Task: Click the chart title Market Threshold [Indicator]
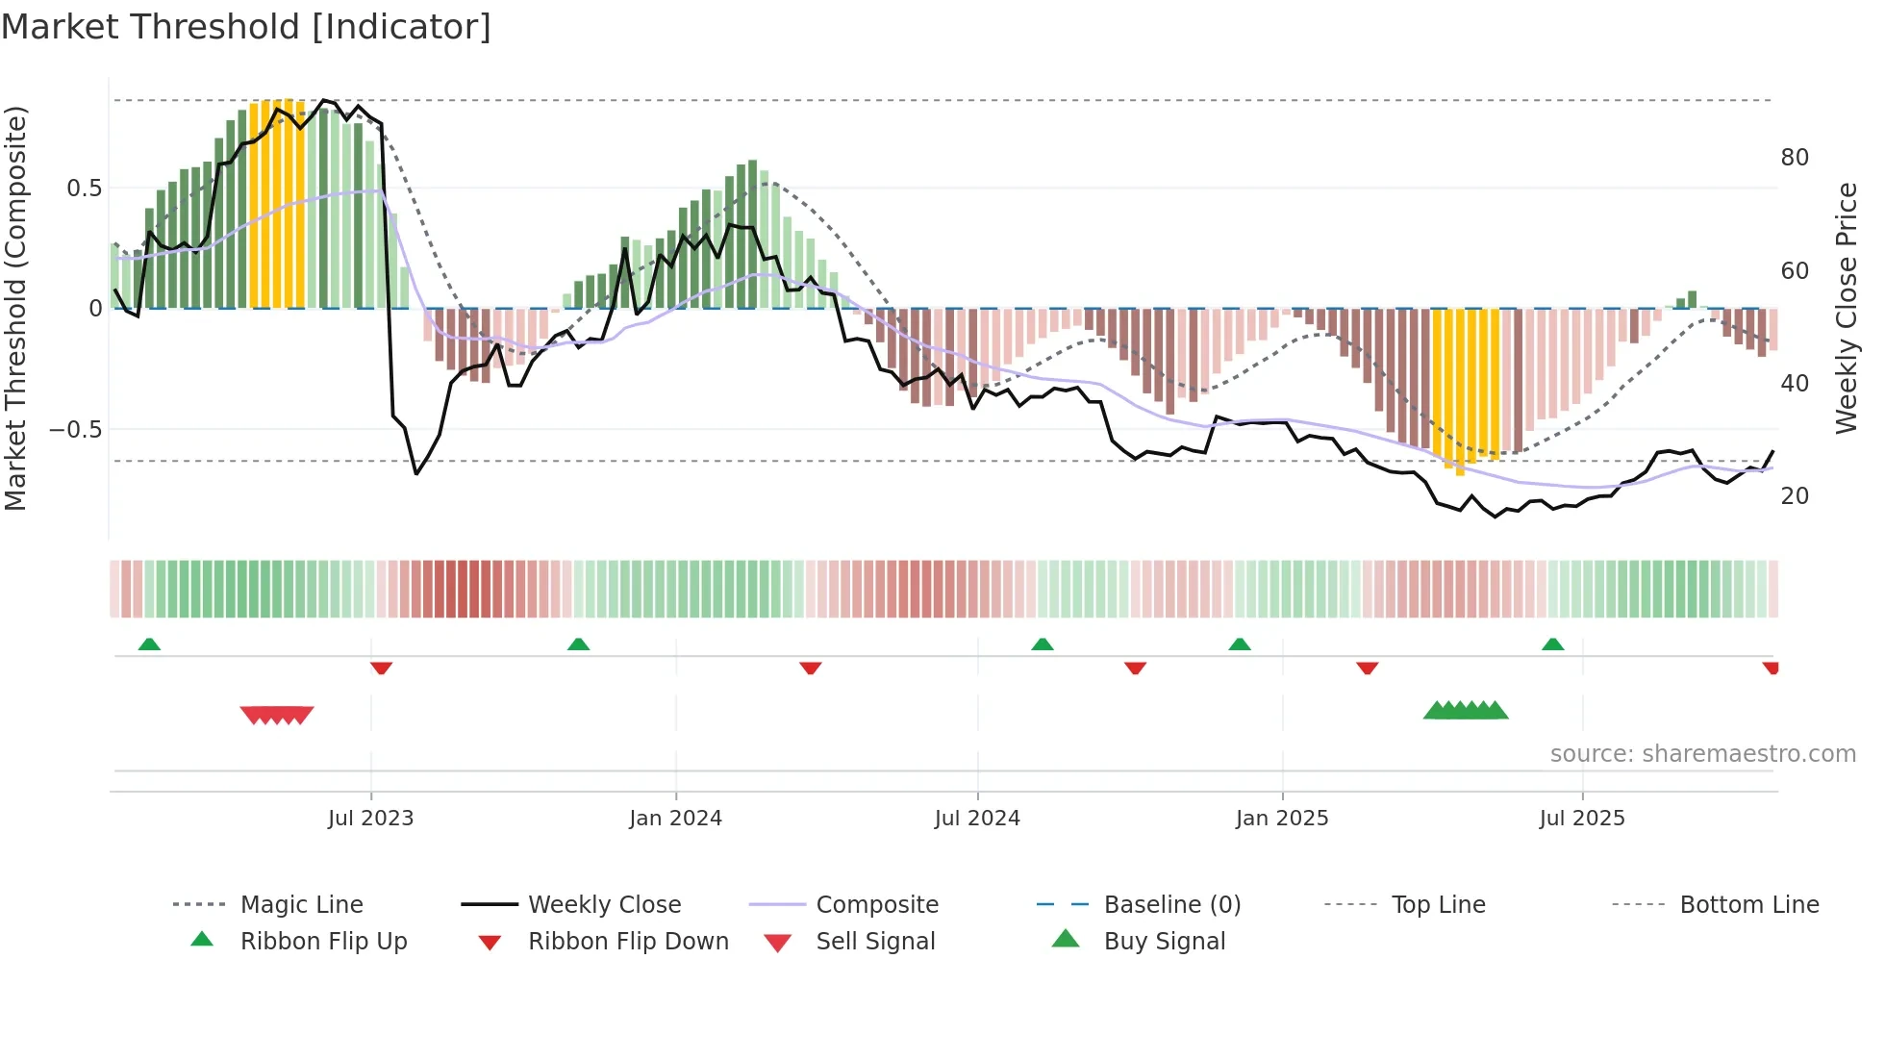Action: (246, 27)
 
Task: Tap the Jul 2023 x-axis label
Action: (370, 819)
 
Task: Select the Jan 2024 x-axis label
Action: (675, 819)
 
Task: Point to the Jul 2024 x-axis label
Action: (977, 819)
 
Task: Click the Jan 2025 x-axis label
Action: (1282, 819)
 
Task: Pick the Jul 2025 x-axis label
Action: (1582, 819)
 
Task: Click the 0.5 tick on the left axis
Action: (85, 189)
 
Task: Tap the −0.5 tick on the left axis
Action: (76, 429)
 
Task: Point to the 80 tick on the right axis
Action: (1795, 158)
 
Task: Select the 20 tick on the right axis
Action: (1795, 496)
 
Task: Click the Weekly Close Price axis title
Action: (1847, 308)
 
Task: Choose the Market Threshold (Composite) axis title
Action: (16, 308)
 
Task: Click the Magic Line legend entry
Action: (301, 905)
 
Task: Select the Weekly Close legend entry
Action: (604, 905)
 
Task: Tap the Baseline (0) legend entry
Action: (1171, 905)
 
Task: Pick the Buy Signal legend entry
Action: (1164, 942)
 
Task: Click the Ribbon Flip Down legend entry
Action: (628, 942)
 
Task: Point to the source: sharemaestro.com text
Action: (1702, 754)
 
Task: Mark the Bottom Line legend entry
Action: (1748, 905)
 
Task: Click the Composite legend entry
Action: (877, 905)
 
